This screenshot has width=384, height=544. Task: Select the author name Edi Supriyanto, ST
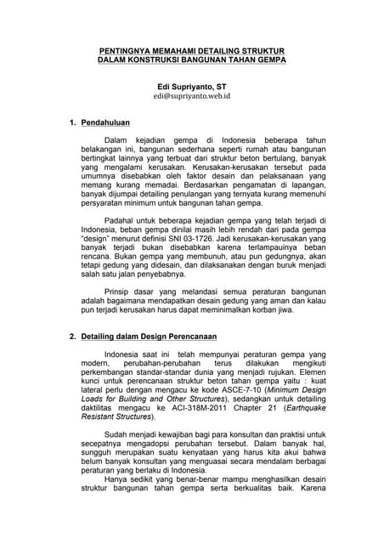click(192, 86)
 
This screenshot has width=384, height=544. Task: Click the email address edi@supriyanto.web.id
click(192, 97)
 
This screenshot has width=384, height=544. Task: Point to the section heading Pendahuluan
click(105, 123)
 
